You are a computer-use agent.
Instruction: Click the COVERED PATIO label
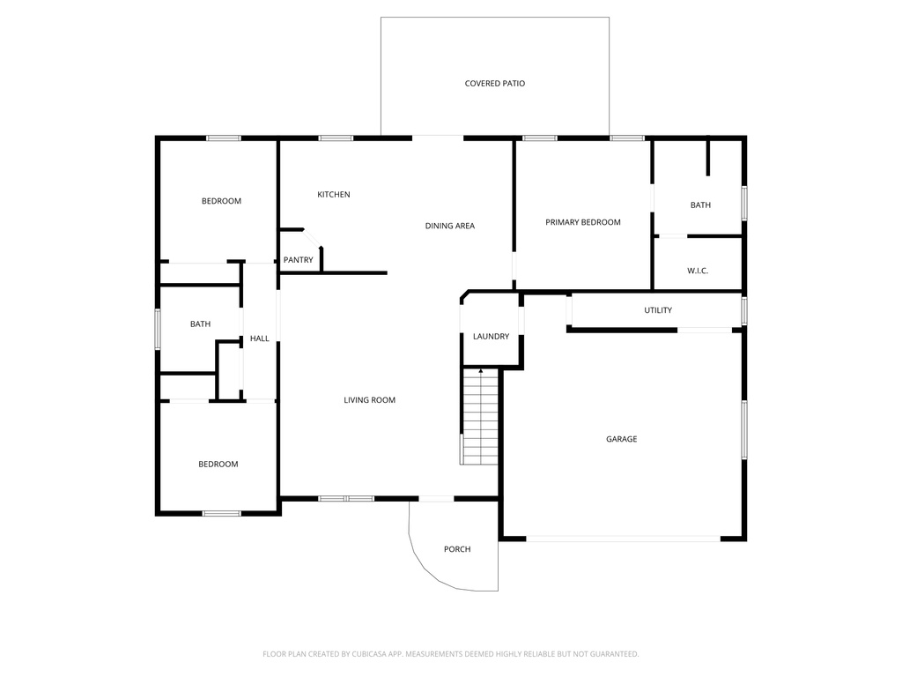495,84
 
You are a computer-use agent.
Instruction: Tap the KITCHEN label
334,195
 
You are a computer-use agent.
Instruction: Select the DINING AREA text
450,226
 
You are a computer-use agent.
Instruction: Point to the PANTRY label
298,260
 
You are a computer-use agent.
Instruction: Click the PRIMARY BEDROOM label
583,222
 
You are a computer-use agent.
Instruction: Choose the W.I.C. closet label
698,271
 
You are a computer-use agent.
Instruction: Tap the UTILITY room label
657,310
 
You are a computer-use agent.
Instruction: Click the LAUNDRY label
491,336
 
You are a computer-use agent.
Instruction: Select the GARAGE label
621,439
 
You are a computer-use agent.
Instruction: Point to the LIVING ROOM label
369,400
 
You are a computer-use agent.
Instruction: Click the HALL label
260,338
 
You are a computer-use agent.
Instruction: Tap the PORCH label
457,549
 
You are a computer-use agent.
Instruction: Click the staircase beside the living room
480,417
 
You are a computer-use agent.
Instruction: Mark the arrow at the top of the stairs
481,371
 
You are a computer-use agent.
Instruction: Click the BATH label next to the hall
200,324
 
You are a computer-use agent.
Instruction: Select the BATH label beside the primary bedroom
700,205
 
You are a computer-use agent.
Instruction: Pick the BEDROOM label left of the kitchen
221,201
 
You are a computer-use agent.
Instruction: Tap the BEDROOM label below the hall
218,464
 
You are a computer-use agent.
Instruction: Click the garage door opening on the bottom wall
623,539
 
